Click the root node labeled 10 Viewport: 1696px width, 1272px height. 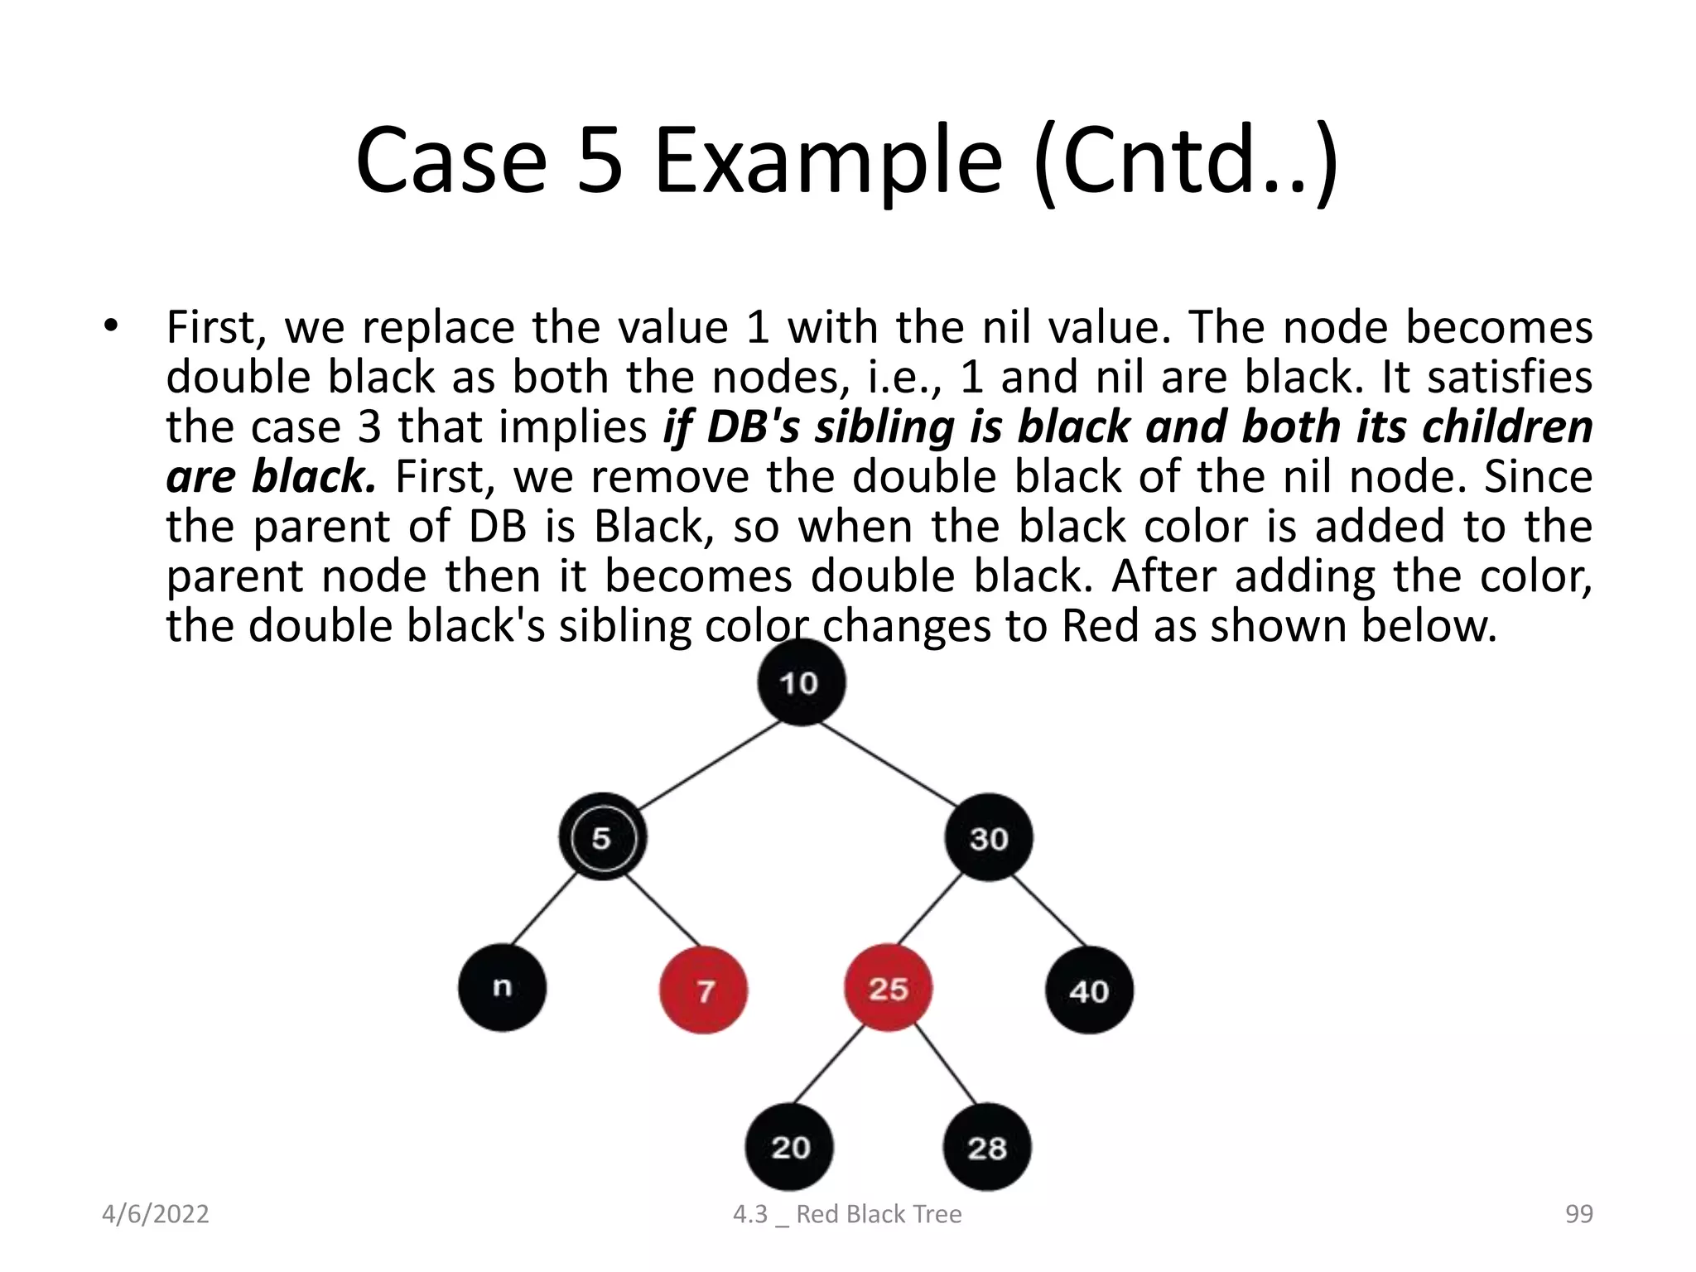pyautogui.click(x=801, y=682)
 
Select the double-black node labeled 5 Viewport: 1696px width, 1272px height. pyautogui.click(x=602, y=837)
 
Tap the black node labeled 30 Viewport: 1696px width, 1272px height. pyautogui.click(x=988, y=837)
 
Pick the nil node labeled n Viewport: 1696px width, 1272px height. pyautogui.click(x=502, y=988)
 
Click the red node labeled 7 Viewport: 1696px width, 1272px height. pyautogui.click(x=703, y=990)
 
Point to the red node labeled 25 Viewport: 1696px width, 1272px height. pyautogui.click(x=888, y=988)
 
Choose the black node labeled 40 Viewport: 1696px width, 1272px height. pyautogui.click(x=1089, y=990)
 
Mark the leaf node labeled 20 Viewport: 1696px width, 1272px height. pyautogui.click(x=789, y=1147)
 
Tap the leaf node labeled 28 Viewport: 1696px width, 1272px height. pyautogui.click(x=986, y=1148)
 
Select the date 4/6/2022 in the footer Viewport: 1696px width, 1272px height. pyautogui.click(x=155, y=1214)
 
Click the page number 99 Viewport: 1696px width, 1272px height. pyautogui.click(x=1578, y=1214)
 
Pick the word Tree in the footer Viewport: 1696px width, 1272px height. pyautogui.click(x=936, y=1214)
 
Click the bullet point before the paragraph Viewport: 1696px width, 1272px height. pyautogui.click(x=111, y=325)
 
